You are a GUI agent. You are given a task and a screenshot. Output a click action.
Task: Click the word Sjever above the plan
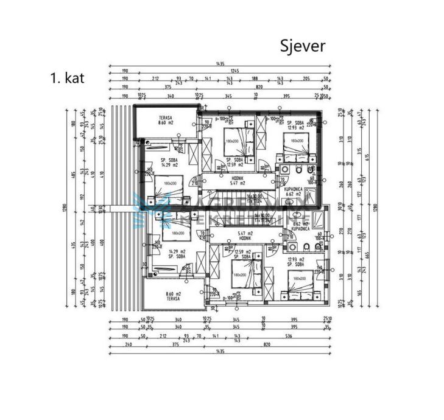pyautogui.click(x=303, y=46)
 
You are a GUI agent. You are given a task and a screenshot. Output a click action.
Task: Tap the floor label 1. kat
pyautogui.click(x=68, y=77)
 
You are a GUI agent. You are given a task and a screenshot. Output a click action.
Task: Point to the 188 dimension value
pyautogui.click(x=255, y=79)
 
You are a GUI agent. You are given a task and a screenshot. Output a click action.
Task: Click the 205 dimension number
pyautogui.click(x=306, y=79)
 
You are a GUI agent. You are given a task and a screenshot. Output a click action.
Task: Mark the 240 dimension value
pyautogui.click(x=127, y=343)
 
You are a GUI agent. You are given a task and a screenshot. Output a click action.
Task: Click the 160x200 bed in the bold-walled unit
pyautogui.click(x=297, y=142)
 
